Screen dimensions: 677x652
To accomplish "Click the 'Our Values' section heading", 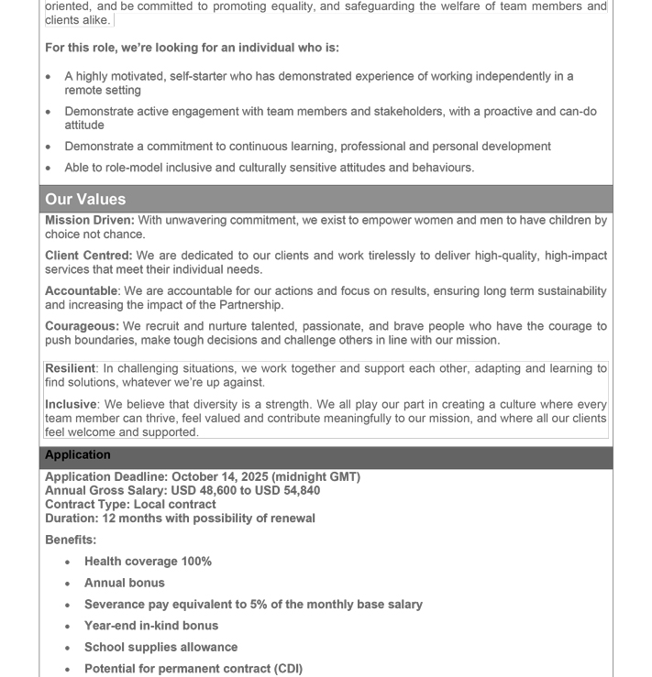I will click(x=85, y=199).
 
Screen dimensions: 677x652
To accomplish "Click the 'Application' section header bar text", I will click(x=78, y=455).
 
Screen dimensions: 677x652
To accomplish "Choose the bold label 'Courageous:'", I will click(x=82, y=326).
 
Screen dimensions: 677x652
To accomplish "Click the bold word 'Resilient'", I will click(x=71, y=368).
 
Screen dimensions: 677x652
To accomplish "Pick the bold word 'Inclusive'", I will click(x=71, y=404).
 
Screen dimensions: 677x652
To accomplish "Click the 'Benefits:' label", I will click(x=71, y=540).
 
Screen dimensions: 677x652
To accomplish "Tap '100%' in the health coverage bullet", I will click(x=196, y=562).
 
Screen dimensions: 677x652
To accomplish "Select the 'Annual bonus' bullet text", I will click(x=125, y=583).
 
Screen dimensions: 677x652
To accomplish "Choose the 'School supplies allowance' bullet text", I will click(x=160, y=647).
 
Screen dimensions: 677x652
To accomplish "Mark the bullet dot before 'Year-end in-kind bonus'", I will click(x=69, y=627).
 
